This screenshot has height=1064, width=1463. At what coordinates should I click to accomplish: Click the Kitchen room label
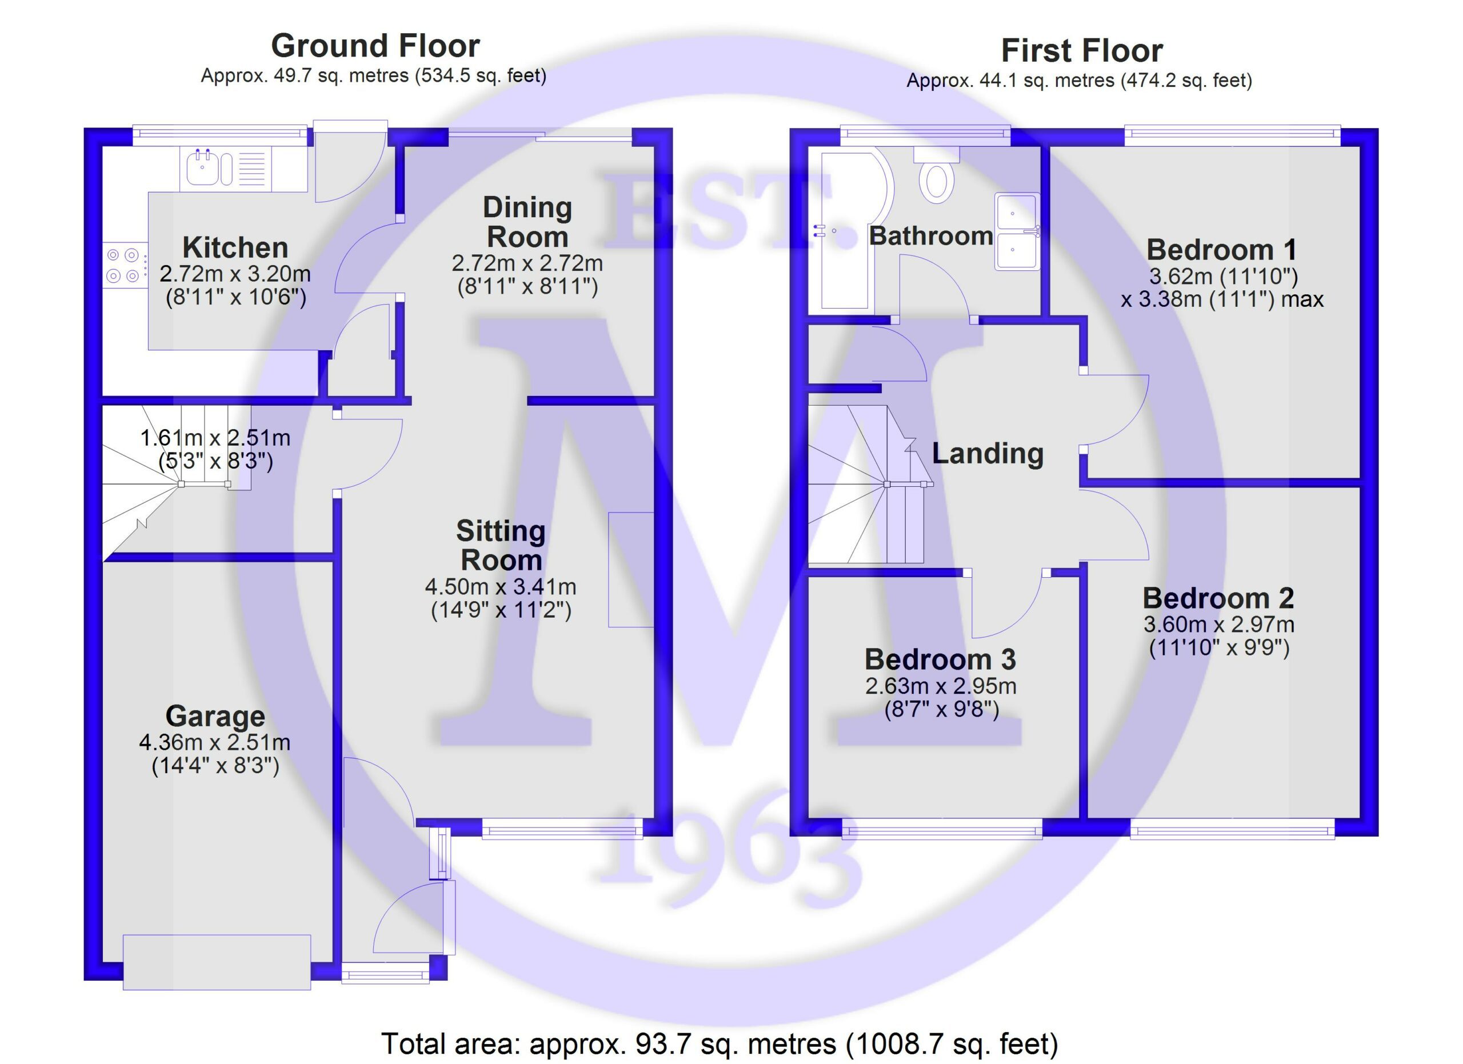tap(235, 247)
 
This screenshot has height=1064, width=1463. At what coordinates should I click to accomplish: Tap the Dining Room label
tap(527, 222)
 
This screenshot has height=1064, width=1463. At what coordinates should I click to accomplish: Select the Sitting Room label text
tap(501, 546)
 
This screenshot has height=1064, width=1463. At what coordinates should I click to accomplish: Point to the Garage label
tap(215, 716)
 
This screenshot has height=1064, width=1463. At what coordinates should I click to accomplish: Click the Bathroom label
tap(931, 236)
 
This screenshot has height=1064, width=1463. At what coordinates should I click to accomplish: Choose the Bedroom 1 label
tap(1221, 250)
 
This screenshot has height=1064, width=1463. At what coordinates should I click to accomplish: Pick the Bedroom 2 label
tap(1218, 598)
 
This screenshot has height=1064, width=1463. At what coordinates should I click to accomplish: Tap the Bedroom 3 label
tap(941, 659)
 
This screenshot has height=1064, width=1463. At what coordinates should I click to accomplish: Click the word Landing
tap(988, 453)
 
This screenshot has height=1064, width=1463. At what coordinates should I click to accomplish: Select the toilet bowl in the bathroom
tap(937, 181)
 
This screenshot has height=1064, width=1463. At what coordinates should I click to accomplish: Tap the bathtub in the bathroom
tap(848, 229)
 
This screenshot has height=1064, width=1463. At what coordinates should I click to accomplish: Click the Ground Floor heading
tap(375, 46)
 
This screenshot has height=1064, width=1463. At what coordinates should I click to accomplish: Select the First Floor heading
tap(1082, 50)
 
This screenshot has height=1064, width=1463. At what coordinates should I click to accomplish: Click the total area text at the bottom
tap(719, 1043)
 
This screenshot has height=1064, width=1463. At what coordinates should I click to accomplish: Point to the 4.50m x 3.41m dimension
tap(501, 587)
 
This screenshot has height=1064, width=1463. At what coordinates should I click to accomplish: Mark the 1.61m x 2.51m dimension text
tap(215, 438)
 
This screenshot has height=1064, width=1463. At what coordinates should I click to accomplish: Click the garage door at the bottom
tap(217, 962)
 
